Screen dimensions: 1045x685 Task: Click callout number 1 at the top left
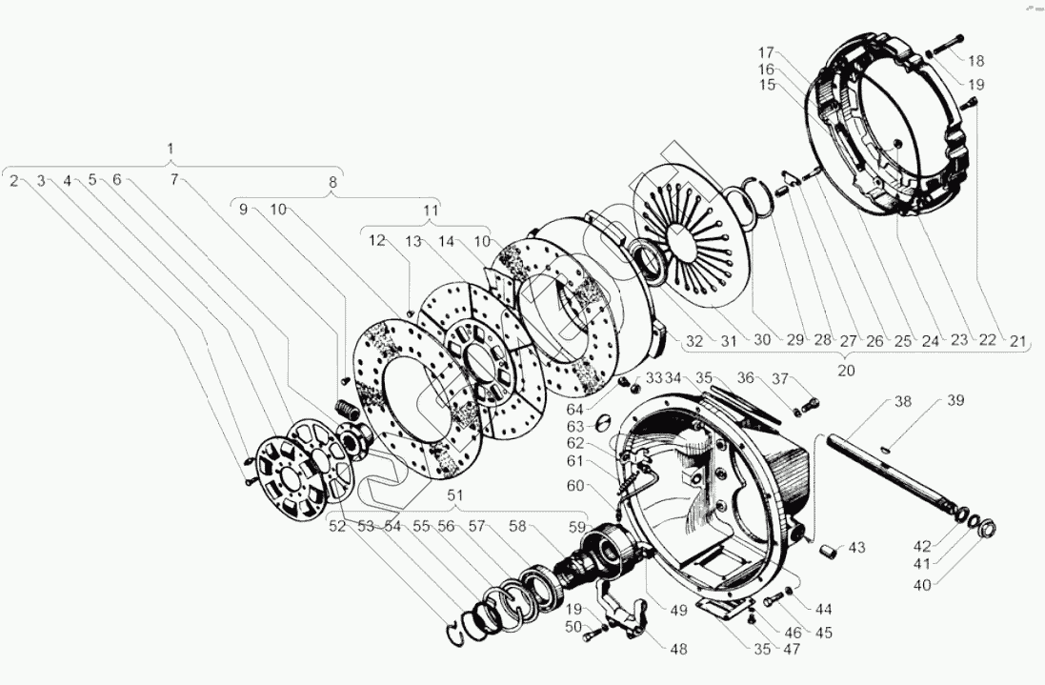point(171,150)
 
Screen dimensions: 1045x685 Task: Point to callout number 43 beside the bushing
point(858,548)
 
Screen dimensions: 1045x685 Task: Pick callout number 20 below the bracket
point(846,370)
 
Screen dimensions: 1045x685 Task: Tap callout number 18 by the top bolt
point(976,60)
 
